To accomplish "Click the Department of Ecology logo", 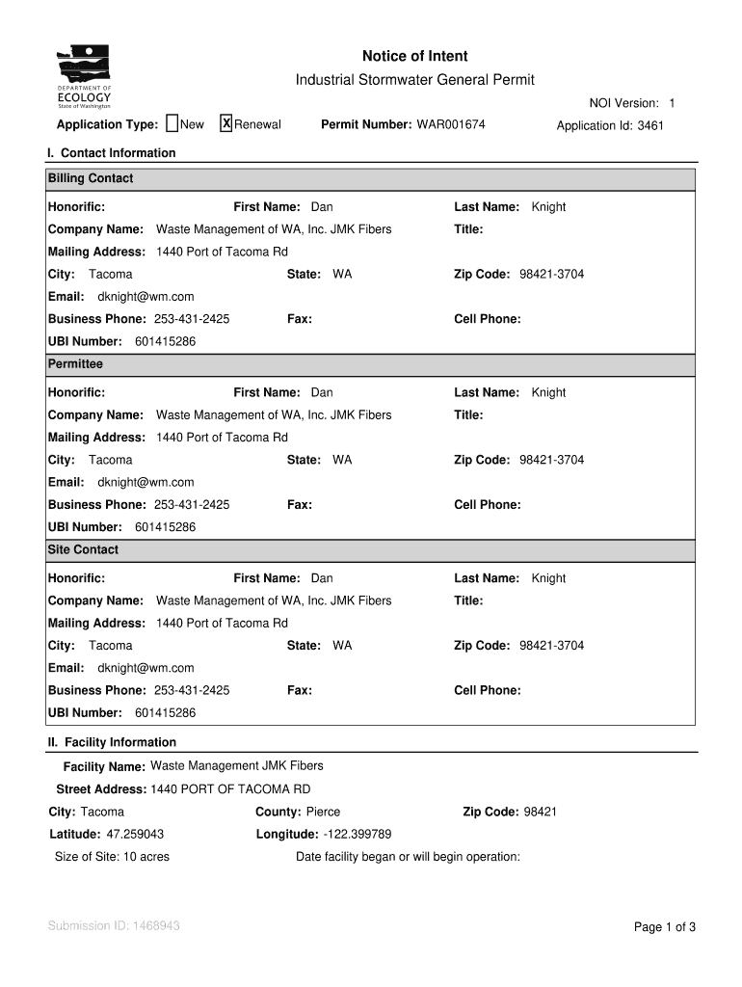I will (x=84, y=77).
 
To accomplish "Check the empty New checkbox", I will (x=172, y=123).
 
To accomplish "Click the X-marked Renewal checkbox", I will (x=226, y=123).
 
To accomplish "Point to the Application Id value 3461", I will (x=650, y=125).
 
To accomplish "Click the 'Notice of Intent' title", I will (x=414, y=57).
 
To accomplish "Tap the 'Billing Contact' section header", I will (x=91, y=178).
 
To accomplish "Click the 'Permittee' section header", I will (x=75, y=364).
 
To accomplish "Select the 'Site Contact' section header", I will (x=83, y=549).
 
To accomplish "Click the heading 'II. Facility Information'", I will (x=112, y=742).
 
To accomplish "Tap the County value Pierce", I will (x=323, y=812).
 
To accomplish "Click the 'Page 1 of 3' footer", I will (x=664, y=927).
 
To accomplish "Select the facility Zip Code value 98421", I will (x=540, y=812).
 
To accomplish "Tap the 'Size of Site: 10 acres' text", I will (x=112, y=857).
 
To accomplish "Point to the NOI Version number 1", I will (x=672, y=103).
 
